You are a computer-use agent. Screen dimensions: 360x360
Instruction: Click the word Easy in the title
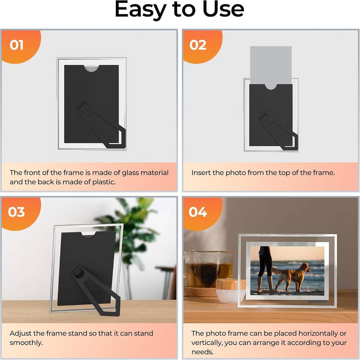[x=141, y=10]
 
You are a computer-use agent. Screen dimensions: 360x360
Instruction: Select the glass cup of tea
[x=208, y=268]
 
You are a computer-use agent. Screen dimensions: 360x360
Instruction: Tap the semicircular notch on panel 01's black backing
[x=91, y=68]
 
